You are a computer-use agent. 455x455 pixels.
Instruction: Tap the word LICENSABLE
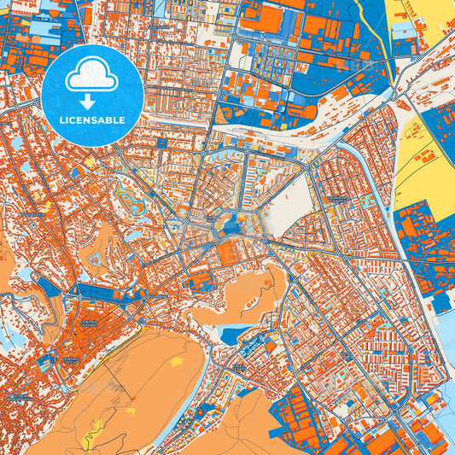[x=91, y=120]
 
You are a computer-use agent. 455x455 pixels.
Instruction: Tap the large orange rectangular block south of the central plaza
[x=228, y=253]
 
